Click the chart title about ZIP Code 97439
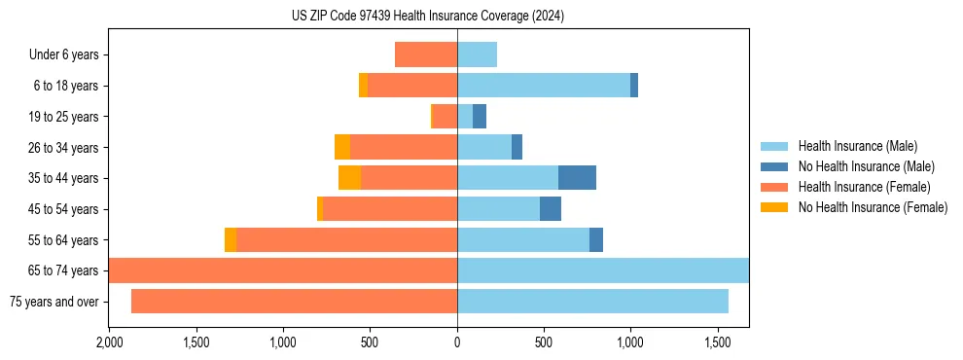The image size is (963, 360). (x=428, y=17)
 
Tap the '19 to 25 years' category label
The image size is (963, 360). (x=63, y=117)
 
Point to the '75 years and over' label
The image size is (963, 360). (x=53, y=302)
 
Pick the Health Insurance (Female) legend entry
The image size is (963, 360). (x=864, y=187)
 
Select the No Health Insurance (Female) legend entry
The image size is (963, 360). (x=873, y=207)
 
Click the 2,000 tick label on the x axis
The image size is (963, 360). (x=109, y=343)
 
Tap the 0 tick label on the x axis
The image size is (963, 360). (x=457, y=343)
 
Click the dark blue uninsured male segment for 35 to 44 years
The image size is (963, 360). (x=577, y=178)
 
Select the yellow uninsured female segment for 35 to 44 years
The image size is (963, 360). (x=349, y=178)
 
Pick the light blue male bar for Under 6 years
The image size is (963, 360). (x=477, y=54)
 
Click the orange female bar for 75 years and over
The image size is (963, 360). (x=294, y=302)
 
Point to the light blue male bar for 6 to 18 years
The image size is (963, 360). (x=544, y=86)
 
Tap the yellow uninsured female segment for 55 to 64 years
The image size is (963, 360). (x=231, y=240)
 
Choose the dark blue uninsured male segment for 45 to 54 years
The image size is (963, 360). (x=551, y=209)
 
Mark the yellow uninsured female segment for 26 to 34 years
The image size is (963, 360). (x=342, y=147)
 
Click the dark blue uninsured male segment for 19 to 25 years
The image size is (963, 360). (x=480, y=117)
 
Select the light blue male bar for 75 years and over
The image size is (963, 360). (x=592, y=302)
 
